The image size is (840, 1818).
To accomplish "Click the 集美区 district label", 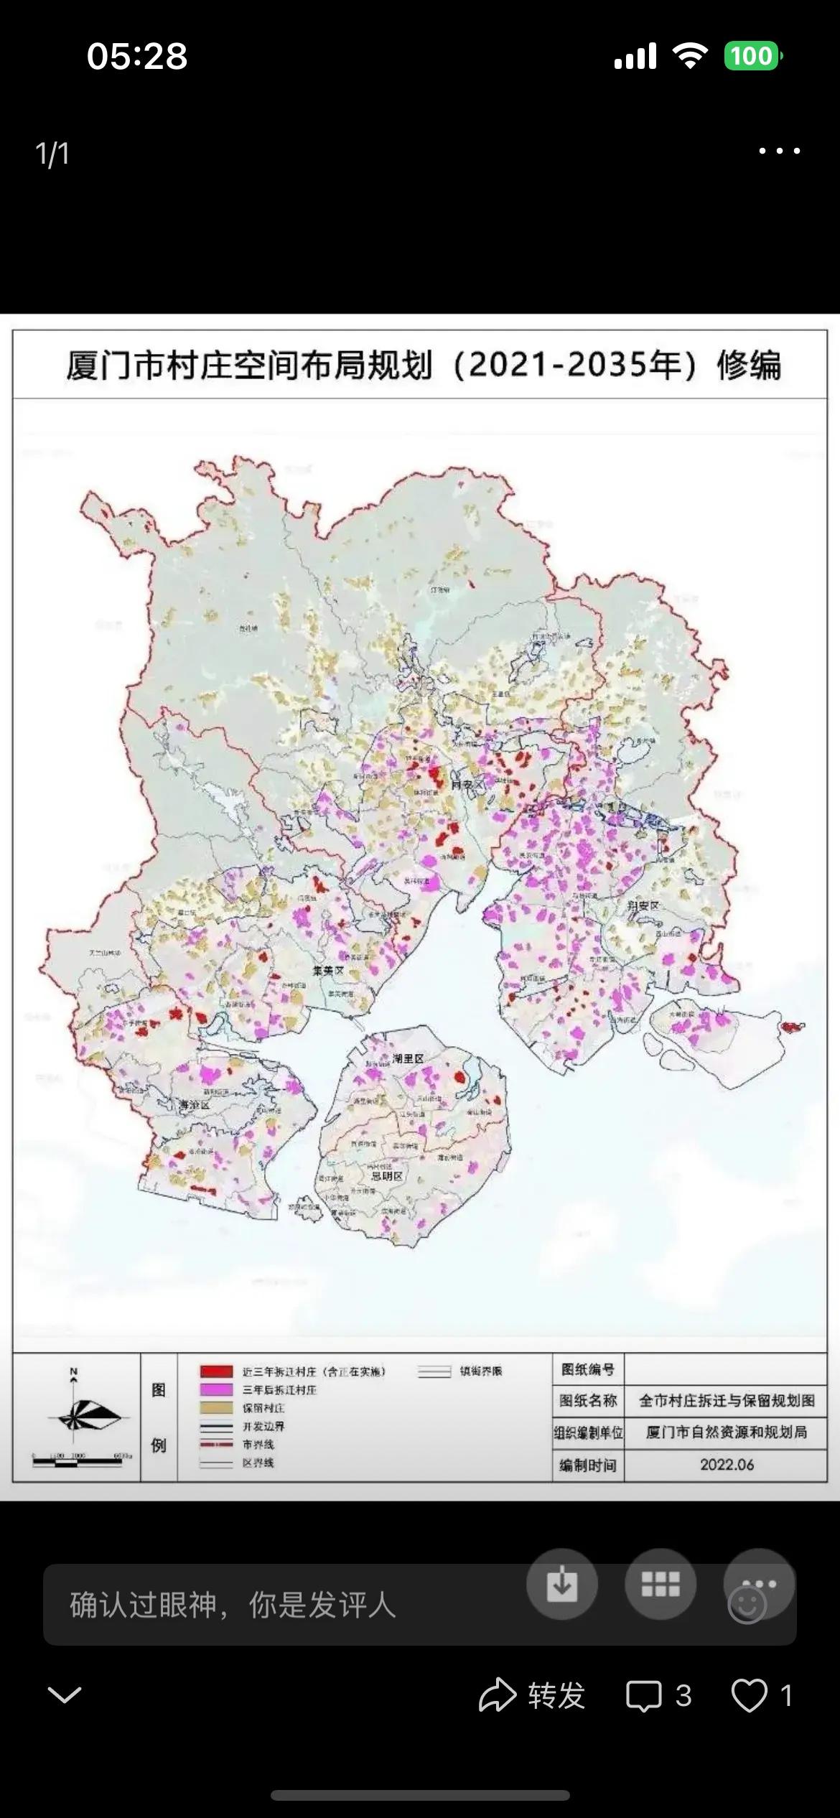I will coord(328,970).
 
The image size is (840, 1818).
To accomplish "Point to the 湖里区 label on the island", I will coord(408,1058).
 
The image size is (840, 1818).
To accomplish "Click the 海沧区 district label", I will coord(193,1106).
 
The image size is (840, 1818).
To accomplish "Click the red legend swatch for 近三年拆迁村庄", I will coord(216,1371).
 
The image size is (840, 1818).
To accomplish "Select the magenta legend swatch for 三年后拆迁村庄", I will coord(216,1390).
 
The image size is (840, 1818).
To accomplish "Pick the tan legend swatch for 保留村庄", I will coord(216,1408).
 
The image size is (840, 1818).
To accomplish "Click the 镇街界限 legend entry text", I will coord(480,1371).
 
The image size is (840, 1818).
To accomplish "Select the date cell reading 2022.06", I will coord(727,1465).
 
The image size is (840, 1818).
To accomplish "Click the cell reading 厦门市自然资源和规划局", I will coord(727,1432).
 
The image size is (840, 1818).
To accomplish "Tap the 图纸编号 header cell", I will coord(587,1370).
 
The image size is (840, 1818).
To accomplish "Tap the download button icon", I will coord(561,1583).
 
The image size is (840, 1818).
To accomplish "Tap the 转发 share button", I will coord(533,1695).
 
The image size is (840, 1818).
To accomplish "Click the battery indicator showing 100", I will coord(752,56).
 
